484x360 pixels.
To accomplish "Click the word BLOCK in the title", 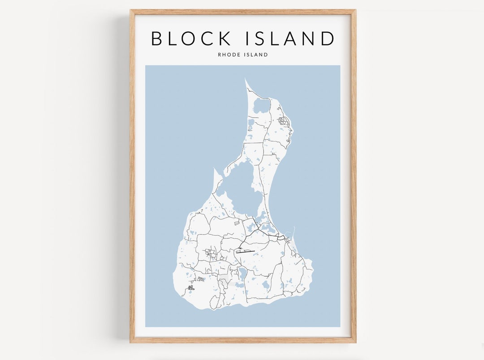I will (x=191, y=39).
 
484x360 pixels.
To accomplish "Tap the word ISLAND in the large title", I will (x=290, y=39).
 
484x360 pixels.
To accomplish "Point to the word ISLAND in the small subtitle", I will (x=257, y=55).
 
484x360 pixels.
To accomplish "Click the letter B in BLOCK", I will (x=157, y=39).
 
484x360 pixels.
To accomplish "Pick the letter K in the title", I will (x=225, y=39).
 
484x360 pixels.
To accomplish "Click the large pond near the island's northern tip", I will (x=261, y=106).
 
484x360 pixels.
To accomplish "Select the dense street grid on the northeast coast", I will (x=283, y=120).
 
